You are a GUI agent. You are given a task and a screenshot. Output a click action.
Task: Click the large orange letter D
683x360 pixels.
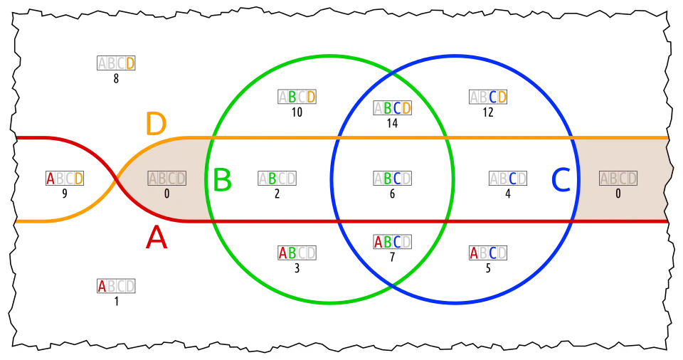coord(156,124)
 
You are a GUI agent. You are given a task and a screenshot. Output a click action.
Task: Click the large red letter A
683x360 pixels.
coord(157,238)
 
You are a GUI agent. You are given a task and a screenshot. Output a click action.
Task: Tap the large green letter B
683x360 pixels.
coord(222,181)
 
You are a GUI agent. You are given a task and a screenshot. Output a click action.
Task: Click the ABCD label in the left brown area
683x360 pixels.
coord(167,178)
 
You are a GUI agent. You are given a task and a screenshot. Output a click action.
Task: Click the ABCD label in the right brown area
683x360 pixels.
coord(618,178)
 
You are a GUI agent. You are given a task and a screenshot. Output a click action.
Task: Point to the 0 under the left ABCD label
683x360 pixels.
coord(166,194)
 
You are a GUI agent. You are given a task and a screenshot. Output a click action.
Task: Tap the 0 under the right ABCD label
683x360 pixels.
coord(618,194)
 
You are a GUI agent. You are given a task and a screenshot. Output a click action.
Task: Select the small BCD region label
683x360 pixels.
coord(397,108)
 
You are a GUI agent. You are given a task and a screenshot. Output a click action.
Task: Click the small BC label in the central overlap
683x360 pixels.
coord(392,179)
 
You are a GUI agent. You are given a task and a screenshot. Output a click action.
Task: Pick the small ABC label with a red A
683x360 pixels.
coord(388,242)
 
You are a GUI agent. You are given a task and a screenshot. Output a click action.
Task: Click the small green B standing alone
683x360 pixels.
coord(272,179)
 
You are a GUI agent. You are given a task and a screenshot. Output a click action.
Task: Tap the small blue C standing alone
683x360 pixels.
coord(512,179)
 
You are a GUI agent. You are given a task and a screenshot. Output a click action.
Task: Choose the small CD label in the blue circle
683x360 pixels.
coord(497,97)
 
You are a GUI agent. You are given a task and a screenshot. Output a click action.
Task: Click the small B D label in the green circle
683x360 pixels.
coord(302,97)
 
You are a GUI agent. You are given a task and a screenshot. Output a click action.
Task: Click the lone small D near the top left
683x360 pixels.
coord(130,63)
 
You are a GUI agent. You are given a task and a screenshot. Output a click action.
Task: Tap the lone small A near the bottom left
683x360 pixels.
coord(102,286)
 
